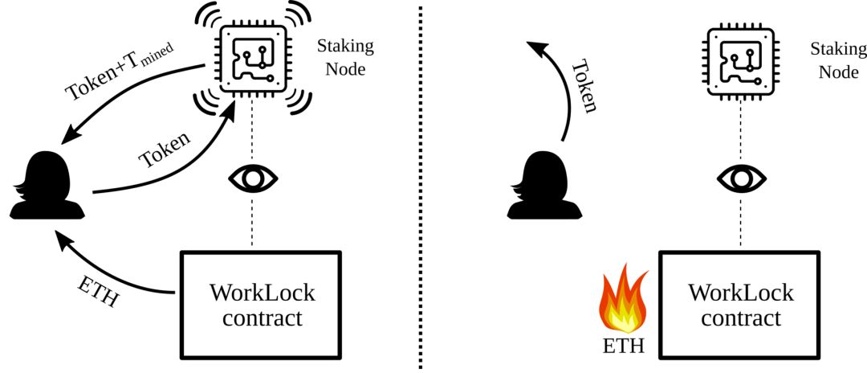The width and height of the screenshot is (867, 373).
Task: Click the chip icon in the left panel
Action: pyautogui.click(x=252, y=57)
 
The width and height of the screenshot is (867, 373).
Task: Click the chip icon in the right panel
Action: pyautogui.click(x=740, y=58)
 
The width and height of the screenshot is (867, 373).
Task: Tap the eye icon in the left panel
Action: pyautogui.click(x=253, y=178)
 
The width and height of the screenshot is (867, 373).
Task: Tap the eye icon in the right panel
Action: pyautogui.click(x=741, y=178)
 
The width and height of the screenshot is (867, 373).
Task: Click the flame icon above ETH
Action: pyautogui.click(x=623, y=299)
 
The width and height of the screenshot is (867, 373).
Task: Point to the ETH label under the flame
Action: pyautogui.click(x=623, y=346)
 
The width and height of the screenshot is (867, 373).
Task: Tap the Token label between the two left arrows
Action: pyautogui.click(x=165, y=150)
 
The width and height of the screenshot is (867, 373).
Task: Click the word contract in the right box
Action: pyautogui.click(x=740, y=319)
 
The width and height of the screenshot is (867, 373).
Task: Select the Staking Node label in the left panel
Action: pyautogui.click(x=345, y=57)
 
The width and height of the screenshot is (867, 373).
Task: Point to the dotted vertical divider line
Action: pyautogui.click(x=421, y=186)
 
